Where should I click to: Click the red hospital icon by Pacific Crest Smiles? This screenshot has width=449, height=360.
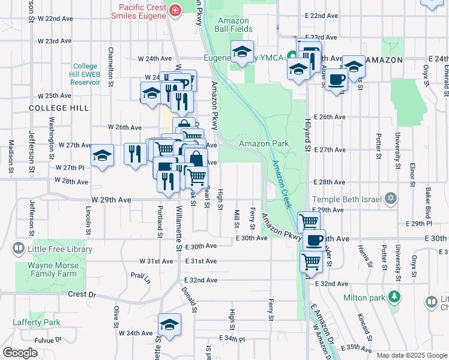click(175, 10)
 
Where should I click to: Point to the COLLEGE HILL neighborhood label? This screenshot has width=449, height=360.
click(59, 108)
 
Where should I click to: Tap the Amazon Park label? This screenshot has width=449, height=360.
click(264, 143)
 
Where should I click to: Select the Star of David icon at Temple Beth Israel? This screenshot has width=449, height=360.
click(391, 197)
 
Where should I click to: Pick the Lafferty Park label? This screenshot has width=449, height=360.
click(37, 322)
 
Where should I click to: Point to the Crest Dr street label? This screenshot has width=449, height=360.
click(82, 295)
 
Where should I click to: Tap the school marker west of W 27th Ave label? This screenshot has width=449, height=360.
click(103, 156)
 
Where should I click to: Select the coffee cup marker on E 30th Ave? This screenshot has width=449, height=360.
click(315, 240)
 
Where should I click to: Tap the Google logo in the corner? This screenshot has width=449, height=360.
click(20, 353)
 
